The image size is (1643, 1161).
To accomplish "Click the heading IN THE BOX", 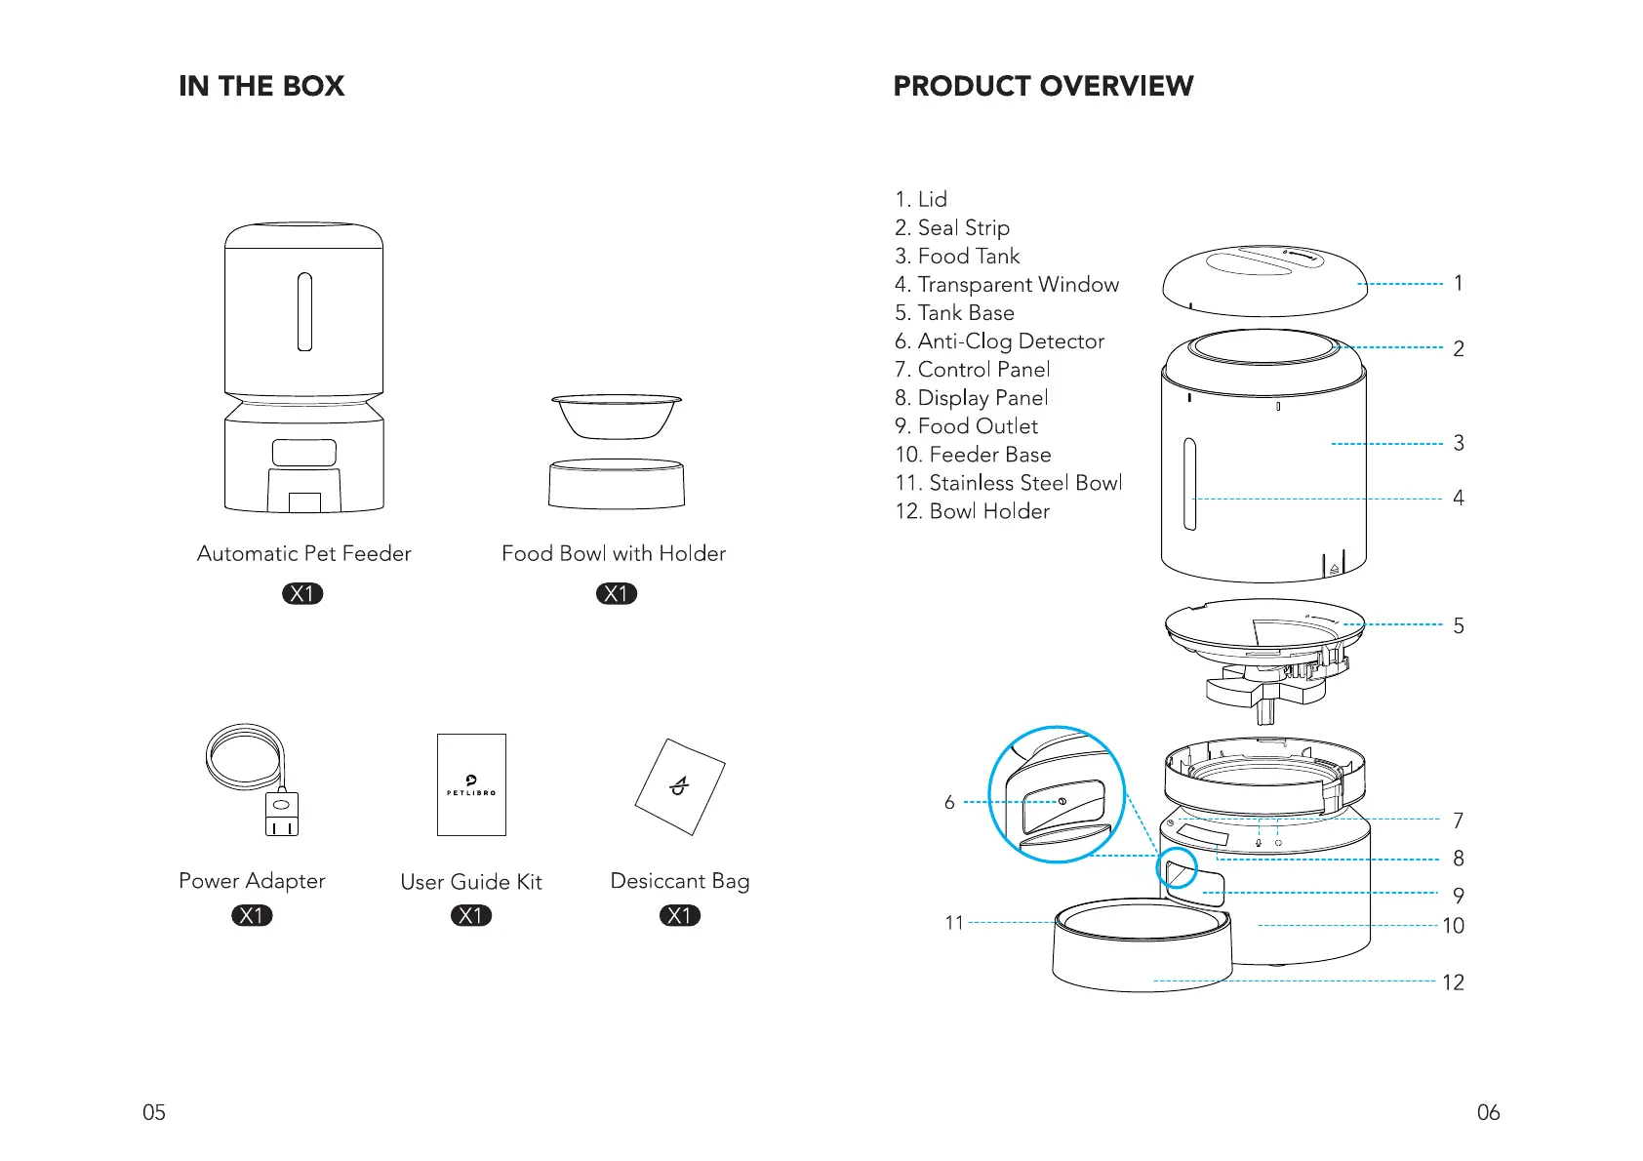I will coord(261,86).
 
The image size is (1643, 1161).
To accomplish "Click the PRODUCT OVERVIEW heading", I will coord(1043,86).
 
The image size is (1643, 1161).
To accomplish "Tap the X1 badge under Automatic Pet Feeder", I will coord(302,593).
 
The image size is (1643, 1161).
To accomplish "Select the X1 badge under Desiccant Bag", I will coord(680,915).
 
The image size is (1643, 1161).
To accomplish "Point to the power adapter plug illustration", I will coord(281,813).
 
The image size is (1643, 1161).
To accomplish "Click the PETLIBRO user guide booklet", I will coord(471,784).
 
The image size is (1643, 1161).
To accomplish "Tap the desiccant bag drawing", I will coord(680,786).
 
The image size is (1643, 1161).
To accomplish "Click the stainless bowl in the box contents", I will coord(617,416).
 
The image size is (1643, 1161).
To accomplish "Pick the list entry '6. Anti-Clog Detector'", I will coord(999,341).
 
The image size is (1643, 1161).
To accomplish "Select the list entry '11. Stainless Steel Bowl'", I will coord(1008,483).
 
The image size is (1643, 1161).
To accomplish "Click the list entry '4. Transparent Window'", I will coord(1006,285).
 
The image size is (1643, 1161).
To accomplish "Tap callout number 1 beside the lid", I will coord(1458,283).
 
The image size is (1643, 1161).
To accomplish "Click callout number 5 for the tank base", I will coord(1458,625).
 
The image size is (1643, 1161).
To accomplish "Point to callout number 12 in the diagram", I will coord(1453,982).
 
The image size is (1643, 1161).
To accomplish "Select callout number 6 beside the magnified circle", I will coord(949,802).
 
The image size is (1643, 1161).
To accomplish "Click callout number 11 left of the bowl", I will coord(954,922).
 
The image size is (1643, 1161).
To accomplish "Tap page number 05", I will coord(154,1112).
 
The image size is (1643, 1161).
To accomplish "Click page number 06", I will coord(1488,1112).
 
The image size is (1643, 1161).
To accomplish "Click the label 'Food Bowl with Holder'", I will coord(614,553).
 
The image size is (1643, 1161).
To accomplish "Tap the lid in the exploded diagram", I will coord(1264,281).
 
